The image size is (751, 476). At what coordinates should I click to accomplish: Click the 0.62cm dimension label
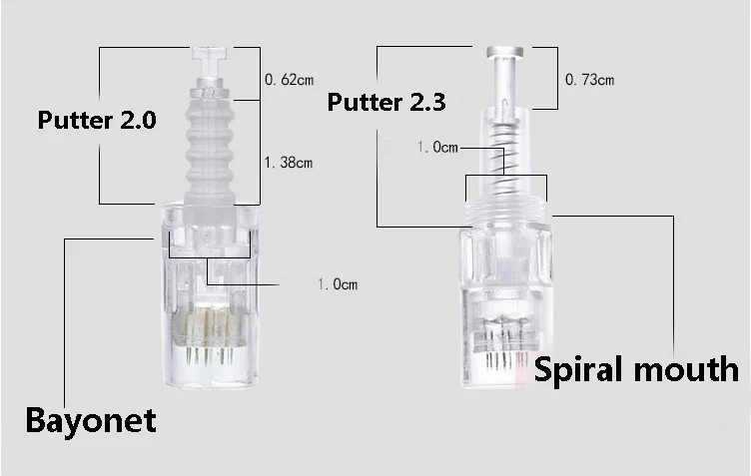click(x=290, y=79)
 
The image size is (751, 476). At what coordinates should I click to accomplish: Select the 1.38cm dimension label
click(x=289, y=163)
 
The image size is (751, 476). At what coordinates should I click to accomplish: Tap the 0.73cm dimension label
click(x=589, y=80)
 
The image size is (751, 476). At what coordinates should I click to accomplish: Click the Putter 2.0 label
click(x=97, y=120)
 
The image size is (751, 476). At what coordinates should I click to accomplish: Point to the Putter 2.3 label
click(x=386, y=102)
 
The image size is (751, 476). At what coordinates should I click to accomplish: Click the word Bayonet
click(x=91, y=421)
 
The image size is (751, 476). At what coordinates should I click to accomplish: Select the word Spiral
click(x=578, y=370)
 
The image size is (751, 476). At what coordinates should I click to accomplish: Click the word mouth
click(x=686, y=369)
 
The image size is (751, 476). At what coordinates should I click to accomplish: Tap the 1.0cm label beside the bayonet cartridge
click(x=338, y=284)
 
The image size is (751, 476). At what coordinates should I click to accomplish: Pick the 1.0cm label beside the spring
click(x=436, y=148)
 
